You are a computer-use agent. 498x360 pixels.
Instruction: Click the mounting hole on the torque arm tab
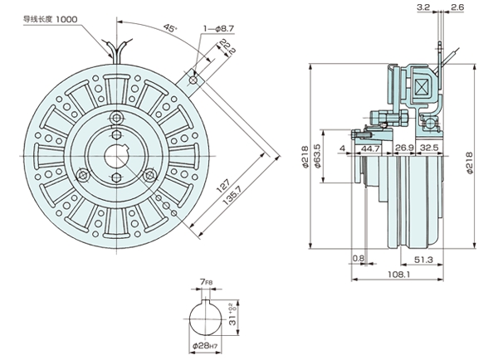pos(193,80)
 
